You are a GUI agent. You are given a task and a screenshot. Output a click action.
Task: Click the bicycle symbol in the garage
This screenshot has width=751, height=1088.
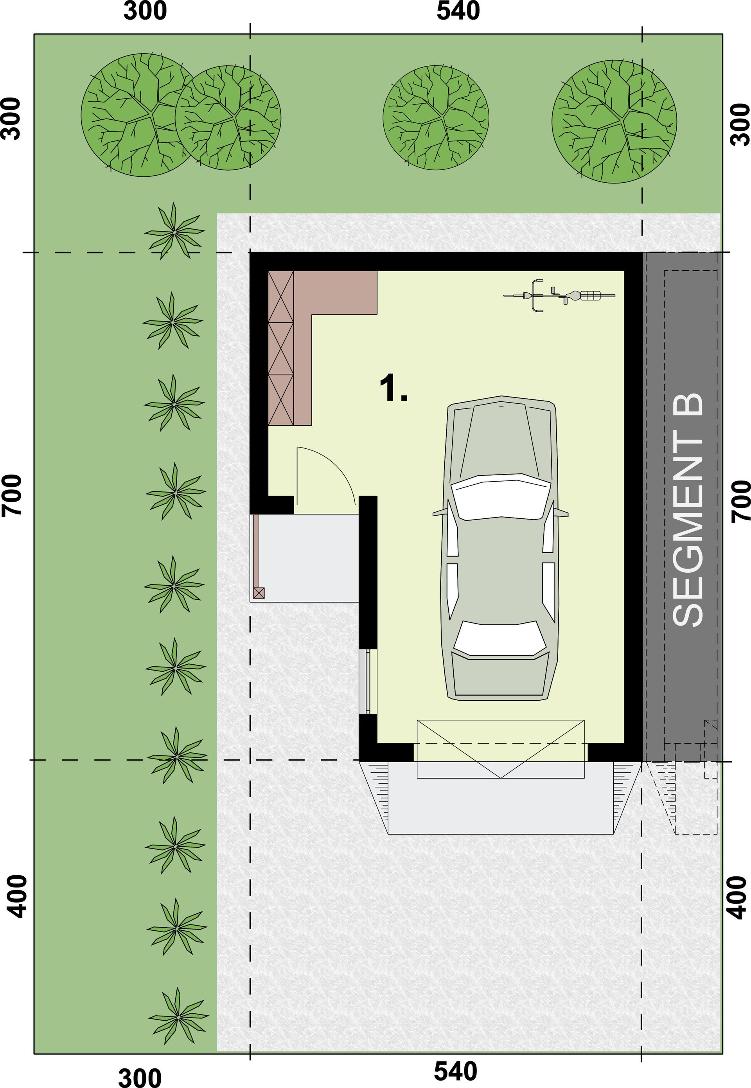pyautogui.click(x=559, y=295)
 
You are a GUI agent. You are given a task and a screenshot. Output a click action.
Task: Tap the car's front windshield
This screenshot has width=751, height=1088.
pyautogui.click(x=501, y=496)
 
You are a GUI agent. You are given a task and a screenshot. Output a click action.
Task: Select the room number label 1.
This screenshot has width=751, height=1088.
pyautogui.click(x=393, y=389)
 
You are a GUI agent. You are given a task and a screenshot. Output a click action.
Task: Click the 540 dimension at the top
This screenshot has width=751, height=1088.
pyautogui.click(x=458, y=11)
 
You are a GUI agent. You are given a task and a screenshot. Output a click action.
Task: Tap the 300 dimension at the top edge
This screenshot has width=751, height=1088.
pyautogui.click(x=145, y=11)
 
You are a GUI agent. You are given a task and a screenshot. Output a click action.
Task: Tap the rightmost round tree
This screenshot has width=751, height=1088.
pyautogui.click(x=614, y=121)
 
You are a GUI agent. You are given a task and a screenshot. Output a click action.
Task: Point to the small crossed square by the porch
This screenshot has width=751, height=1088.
pyautogui.click(x=259, y=593)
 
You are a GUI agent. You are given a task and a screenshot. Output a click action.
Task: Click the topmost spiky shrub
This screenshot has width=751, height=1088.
pyautogui.click(x=174, y=231)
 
